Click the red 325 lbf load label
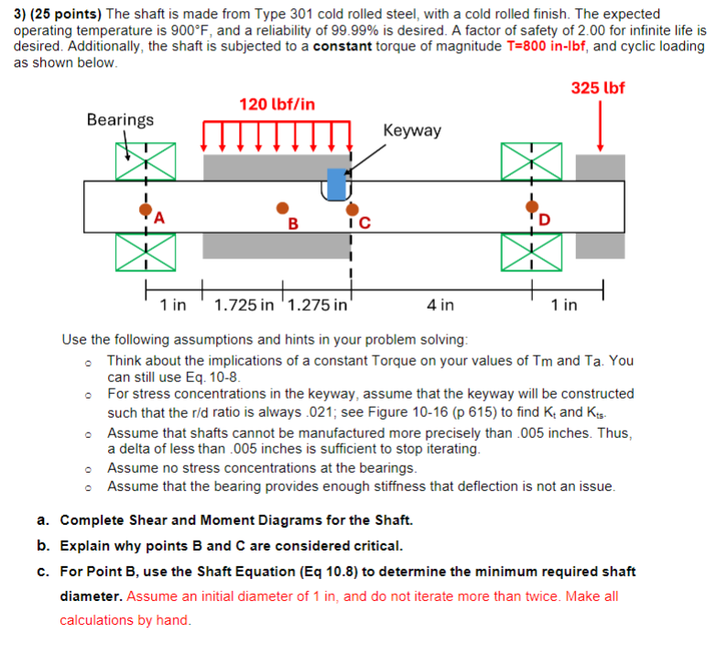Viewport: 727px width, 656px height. (x=598, y=88)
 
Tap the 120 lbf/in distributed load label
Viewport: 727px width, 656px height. (x=277, y=104)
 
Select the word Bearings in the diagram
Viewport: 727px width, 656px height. (x=120, y=120)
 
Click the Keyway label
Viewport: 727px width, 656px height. (x=412, y=131)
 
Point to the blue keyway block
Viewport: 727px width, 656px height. (x=337, y=183)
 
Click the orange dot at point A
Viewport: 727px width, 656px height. (x=145, y=209)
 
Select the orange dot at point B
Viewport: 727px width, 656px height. (x=283, y=208)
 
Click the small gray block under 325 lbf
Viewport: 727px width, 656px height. (x=600, y=167)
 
